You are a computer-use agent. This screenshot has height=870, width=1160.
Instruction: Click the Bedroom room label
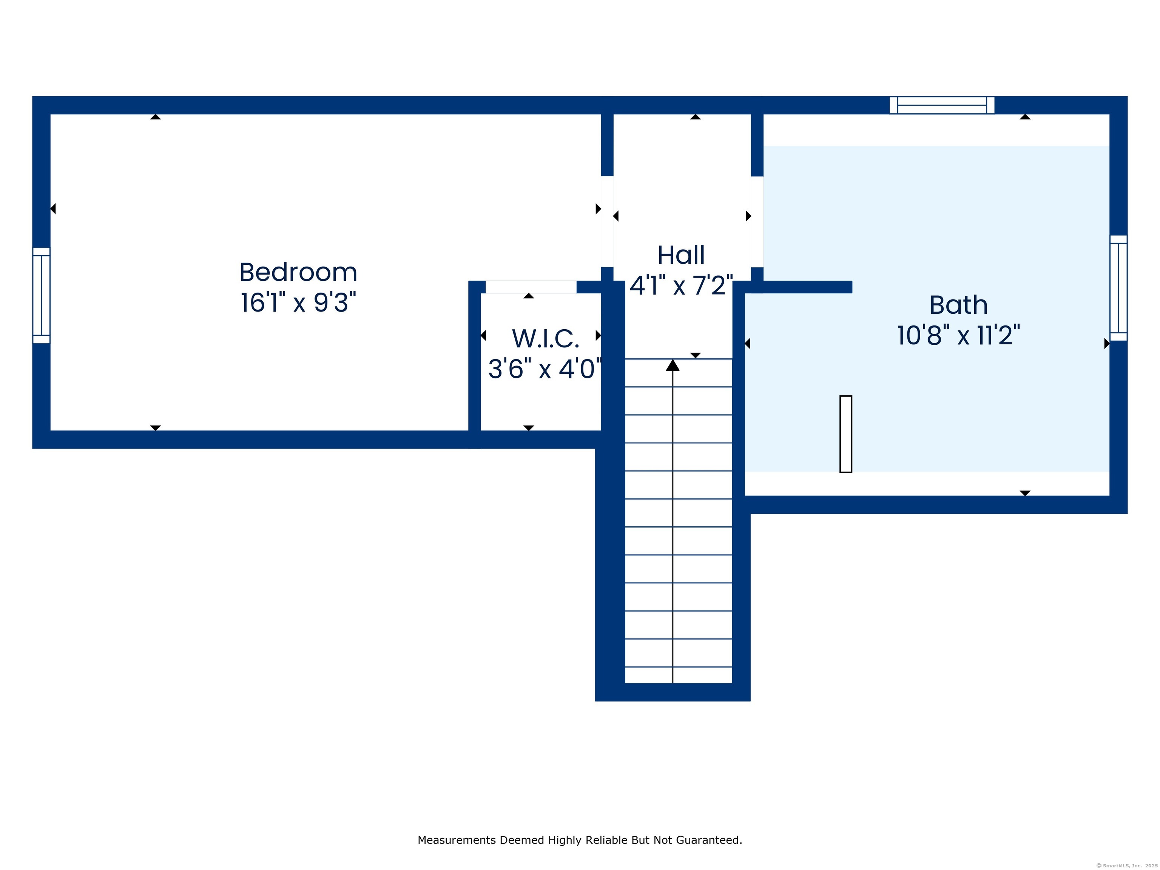298,272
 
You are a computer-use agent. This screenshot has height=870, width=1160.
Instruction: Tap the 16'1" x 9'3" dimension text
298,302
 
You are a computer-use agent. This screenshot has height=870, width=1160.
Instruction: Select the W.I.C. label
545,339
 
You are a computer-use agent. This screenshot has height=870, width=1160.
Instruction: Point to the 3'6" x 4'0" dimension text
545,369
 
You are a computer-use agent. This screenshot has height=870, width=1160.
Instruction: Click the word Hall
681,255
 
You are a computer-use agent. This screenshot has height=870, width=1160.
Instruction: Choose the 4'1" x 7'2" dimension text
681,286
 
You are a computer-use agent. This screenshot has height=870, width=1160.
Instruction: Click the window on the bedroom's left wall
42,296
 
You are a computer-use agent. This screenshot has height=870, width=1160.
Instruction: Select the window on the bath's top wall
942,105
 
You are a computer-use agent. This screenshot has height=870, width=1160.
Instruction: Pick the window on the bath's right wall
1118,288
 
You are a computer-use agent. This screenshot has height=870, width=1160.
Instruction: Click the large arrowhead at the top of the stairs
673,365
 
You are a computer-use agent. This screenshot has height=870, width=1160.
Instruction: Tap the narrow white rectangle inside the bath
845,434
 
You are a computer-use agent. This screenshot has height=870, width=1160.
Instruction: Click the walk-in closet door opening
531,287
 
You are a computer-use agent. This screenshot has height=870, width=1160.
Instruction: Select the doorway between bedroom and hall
607,221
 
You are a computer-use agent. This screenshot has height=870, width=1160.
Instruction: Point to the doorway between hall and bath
757,222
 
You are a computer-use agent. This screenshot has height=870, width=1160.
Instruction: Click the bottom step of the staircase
679,675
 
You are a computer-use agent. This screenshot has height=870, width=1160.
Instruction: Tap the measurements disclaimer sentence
580,840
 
